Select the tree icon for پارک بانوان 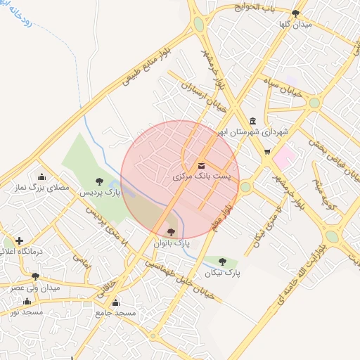coord(172,231)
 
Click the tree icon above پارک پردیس coord(98,181)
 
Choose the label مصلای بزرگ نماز coord(43,188)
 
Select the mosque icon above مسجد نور coord(27,301)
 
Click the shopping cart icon coord(267,151)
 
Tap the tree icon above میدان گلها coord(295,13)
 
